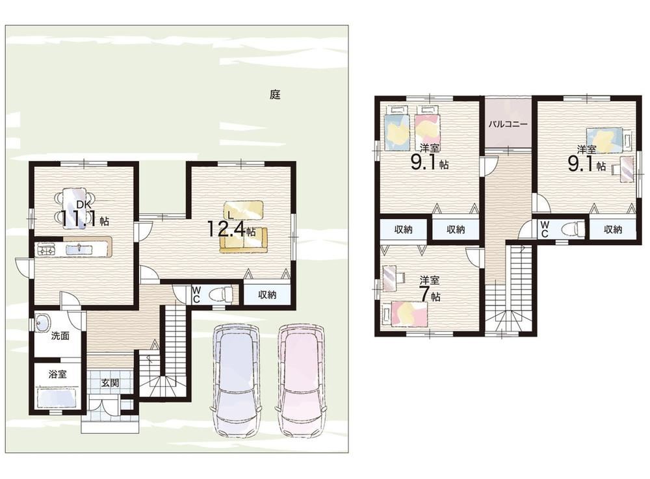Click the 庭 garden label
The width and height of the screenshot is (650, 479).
[x=275, y=94]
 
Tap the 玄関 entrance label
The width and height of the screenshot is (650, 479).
[x=110, y=383]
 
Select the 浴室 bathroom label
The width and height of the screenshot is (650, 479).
[x=58, y=374]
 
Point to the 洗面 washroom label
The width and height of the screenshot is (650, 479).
[x=60, y=335]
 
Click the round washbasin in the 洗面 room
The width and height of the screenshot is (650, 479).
[x=43, y=322]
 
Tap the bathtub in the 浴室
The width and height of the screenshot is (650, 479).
[x=57, y=398]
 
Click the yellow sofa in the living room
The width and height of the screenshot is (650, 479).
[x=244, y=239]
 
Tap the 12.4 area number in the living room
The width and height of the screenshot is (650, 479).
[x=226, y=229]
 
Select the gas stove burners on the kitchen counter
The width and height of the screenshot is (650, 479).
[x=45, y=250]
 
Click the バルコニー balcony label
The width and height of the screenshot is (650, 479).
[x=508, y=124]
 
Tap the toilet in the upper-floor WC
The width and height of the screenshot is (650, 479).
[x=573, y=229]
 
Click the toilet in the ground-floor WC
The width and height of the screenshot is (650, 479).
[x=222, y=294]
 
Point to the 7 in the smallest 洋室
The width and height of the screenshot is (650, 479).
[x=424, y=294]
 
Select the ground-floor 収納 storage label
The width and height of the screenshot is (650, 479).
[x=267, y=294]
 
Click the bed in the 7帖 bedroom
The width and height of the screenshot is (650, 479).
[x=405, y=314]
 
